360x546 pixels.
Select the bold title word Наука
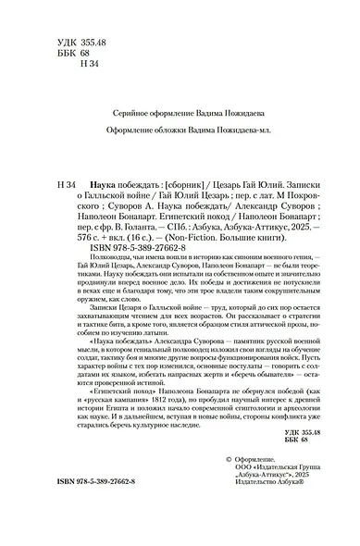point(90,184)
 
